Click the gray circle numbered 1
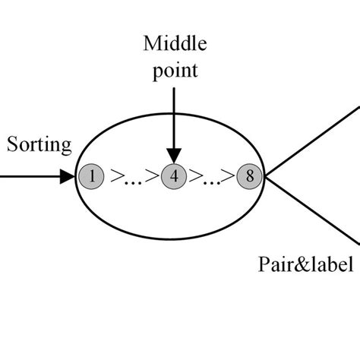[x=90, y=178]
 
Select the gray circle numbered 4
[x=174, y=178]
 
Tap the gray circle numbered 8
[x=248, y=178]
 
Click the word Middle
[x=174, y=43]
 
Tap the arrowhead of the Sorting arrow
[x=71, y=178]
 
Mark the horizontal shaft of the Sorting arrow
[x=30, y=178]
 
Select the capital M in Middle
[x=150, y=43]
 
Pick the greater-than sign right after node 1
[x=116, y=178]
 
